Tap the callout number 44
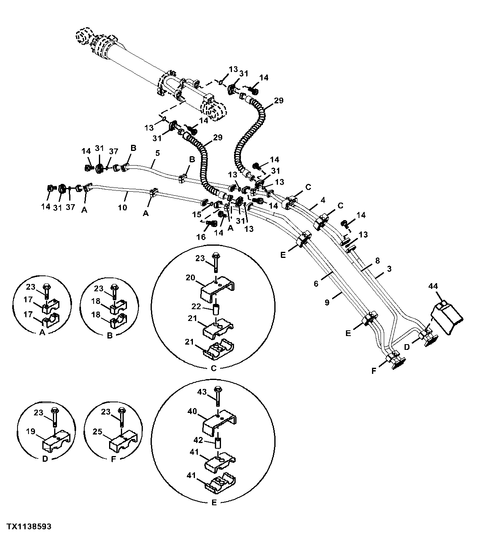[x=433, y=286]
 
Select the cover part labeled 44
[x=447, y=317]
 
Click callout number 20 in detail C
[x=190, y=277]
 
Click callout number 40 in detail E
[x=192, y=411]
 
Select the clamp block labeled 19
[x=56, y=445]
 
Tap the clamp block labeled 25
[x=123, y=445]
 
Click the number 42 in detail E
[x=198, y=440]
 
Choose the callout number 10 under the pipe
[x=123, y=207]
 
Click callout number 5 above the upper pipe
[x=158, y=153]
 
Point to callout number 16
[x=201, y=237]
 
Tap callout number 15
[x=197, y=214]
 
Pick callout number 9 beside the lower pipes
[x=327, y=302]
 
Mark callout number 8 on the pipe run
[x=378, y=260]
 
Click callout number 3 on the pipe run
[x=389, y=269]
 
